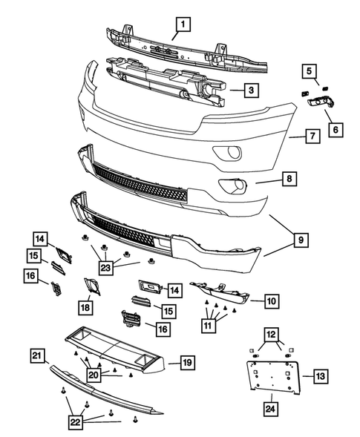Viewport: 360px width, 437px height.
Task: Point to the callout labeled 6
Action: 335,129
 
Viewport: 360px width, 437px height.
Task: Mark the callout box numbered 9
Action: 301,240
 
